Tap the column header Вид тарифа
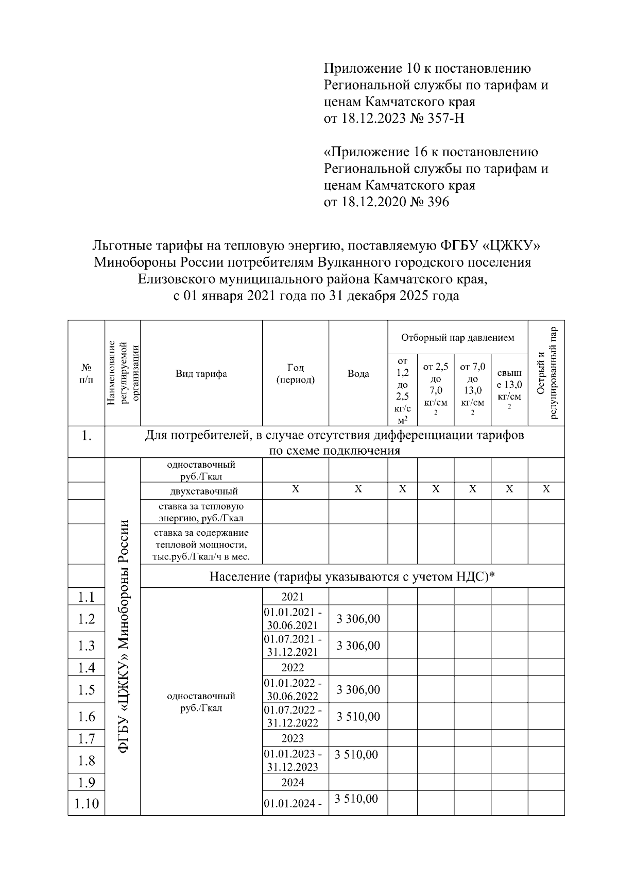[201, 374]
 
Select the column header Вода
[358, 374]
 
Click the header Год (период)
[296, 374]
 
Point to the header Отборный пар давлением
[457, 338]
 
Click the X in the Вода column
[358, 489]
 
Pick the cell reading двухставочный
[201, 491]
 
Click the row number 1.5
[86, 690]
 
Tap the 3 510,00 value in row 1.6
[358, 716]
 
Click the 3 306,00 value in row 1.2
[358, 619]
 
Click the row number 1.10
[86, 804]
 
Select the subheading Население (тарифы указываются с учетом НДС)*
[352, 576]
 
